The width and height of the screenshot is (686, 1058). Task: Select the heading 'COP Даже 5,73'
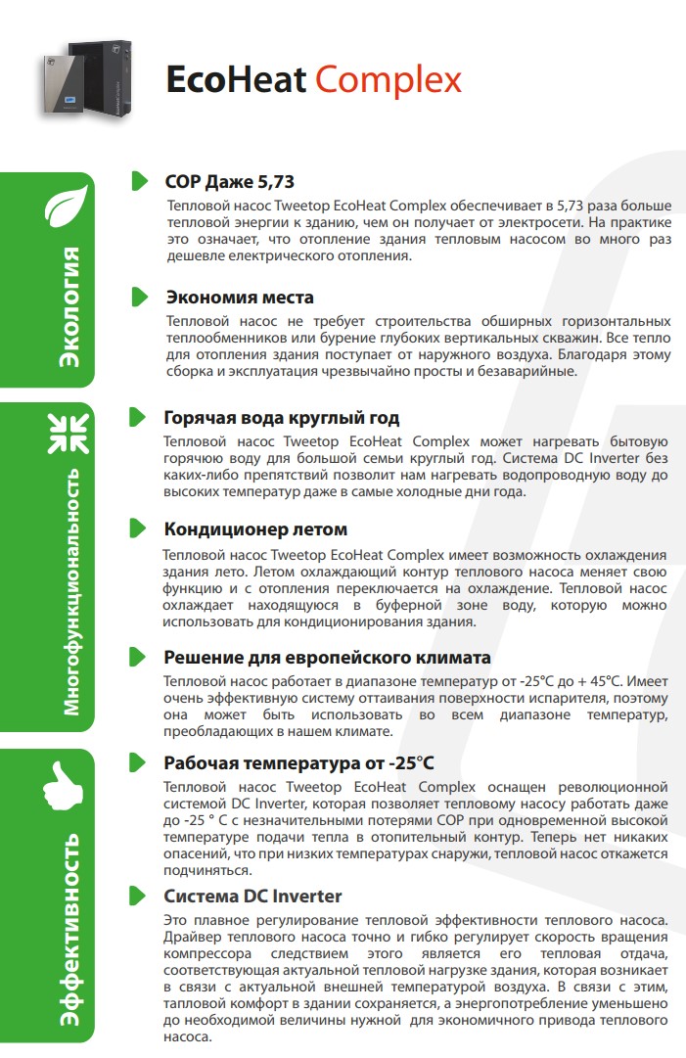coord(229,182)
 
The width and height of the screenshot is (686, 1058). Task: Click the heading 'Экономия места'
coord(240,297)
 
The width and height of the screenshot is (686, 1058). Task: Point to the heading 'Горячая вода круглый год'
coord(282,418)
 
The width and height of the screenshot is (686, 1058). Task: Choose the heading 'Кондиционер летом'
coord(255,529)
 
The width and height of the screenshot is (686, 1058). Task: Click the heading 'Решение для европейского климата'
coord(327,657)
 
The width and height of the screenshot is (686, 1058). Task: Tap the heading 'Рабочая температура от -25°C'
coord(298,762)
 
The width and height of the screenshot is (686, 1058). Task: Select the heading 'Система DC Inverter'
coord(252,896)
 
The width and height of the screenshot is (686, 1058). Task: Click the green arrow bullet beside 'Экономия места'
coord(138,297)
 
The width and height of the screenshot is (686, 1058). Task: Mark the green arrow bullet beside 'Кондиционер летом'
coord(138,529)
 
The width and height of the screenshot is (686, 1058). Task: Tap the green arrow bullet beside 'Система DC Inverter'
coord(138,896)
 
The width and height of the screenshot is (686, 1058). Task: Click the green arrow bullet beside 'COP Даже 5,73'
coord(138,182)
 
